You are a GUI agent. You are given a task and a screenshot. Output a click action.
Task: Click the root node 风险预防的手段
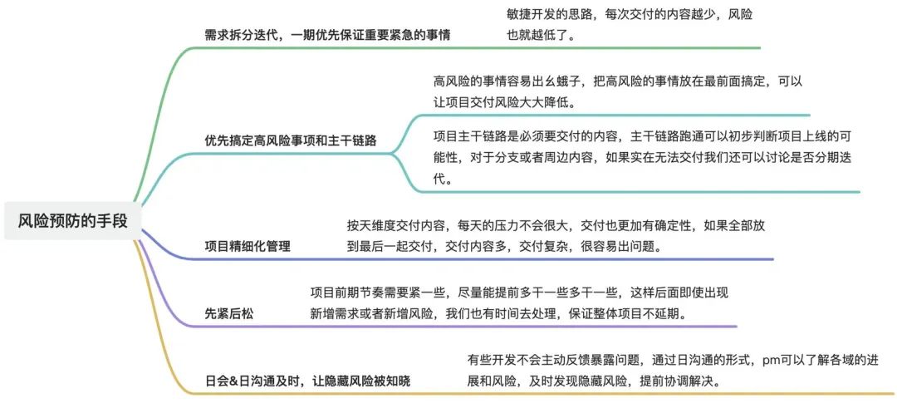pyautogui.click(x=72, y=220)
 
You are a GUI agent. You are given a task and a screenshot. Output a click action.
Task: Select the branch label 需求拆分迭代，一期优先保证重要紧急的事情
pyautogui.click(x=328, y=35)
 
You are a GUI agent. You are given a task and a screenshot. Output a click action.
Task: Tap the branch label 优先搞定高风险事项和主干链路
pyautogui.click(x=291, y=140)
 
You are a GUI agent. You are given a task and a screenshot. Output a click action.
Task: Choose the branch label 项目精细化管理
pyautogui.click(x=248, y=247)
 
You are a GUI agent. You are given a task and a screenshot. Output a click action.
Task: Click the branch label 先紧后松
pyautogui.click(x=229, y=313)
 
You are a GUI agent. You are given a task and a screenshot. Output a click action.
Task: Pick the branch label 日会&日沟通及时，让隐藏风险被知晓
pyautogui.click(x=308, y=381)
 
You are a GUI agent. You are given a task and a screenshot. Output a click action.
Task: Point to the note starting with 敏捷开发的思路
pyautogui.click(x=630, y=25)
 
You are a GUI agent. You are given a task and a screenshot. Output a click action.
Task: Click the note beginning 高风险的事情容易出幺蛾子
pyautogui.click(x=618, y=92)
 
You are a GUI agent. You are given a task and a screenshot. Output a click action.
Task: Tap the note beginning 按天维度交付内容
pyautogui.click(x=556, y=237)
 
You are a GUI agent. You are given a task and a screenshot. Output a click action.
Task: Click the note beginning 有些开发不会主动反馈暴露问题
pyautogui.click(x=672, y=371)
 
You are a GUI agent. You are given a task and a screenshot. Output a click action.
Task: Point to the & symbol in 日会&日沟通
pyautogui.click(x=233, y=381)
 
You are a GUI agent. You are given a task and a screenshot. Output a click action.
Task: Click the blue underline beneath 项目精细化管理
pyautogui.click(x=458, y=259)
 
